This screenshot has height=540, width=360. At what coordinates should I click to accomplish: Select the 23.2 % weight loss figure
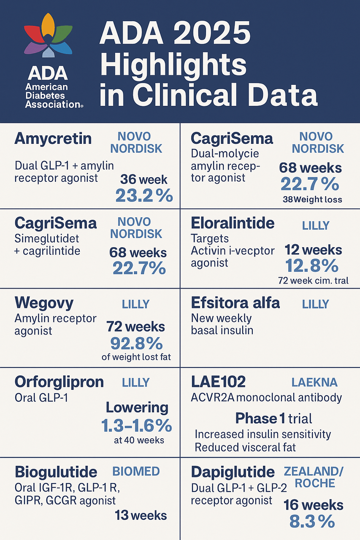[x=144, y=196]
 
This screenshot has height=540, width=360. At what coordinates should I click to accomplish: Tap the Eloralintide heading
[x=233, y=223]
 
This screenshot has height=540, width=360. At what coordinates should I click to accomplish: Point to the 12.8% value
[x=312, y=266]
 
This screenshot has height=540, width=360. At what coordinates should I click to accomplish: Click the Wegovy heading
[x=44, y=303]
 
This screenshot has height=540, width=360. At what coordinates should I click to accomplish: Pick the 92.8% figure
[x=136, y=343]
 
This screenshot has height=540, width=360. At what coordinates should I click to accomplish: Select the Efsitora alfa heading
[x=235, y=303]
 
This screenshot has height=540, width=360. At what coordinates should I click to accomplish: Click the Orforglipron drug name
[x=59, y=382]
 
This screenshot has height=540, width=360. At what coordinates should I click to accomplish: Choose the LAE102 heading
[x=218, y=382]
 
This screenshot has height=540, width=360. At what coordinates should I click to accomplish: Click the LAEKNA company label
[x=314, y=383]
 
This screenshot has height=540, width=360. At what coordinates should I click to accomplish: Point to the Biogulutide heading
[x=56, y=472]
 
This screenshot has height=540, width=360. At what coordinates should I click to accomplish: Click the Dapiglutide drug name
[x=233, y=472]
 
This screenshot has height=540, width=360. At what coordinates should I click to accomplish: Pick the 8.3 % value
[x=312, y=521]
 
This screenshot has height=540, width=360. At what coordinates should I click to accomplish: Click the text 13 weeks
[x=141, y=515]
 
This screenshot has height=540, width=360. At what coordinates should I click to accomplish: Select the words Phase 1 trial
[x=273, y=418]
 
